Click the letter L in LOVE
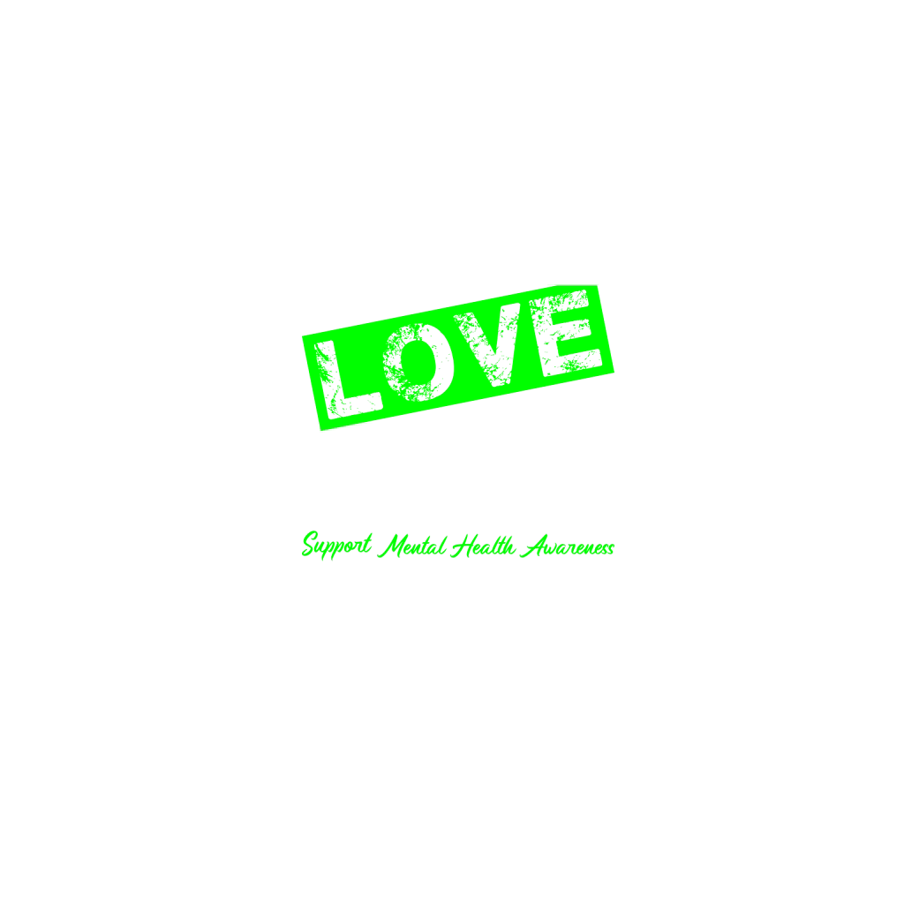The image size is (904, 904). pos(346,380)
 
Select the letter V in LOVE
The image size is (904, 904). pos(487,344)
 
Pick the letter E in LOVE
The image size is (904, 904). pos(565,333)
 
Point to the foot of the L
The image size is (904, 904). pos(356,404)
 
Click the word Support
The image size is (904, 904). pos(336,545)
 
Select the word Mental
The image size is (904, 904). pos(411,546)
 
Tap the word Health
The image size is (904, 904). pos(483,546)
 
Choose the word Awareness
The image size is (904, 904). pos(568,546)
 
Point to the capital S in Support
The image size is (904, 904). pos(312,544)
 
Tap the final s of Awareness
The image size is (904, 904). pos(610,549)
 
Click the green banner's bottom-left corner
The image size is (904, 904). pos(320,431)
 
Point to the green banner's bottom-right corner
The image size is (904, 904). pos(614,372)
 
